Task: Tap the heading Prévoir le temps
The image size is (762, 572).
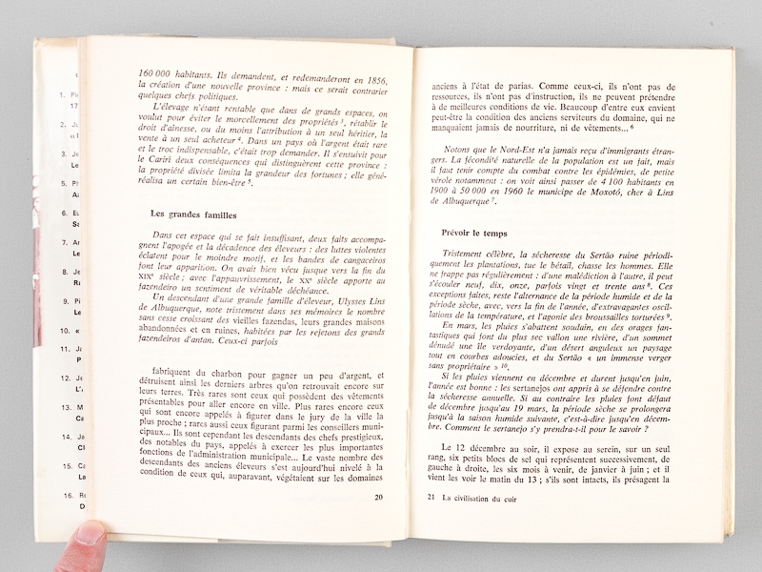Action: (480, 233)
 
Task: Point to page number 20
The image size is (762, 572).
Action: (378, 497)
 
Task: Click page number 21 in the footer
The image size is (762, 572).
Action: (431, 498)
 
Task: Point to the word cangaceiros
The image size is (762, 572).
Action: (329, 256)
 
